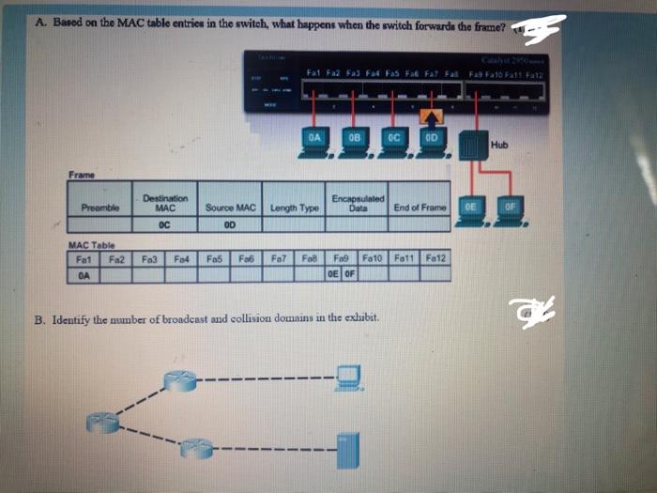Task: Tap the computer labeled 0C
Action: [x=394, y=140]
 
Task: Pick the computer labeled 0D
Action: [x=431, y=140]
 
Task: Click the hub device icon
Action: [x=475, y=142]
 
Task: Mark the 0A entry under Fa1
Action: [x=84, y=275]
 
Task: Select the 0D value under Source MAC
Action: [x=230, y=225]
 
